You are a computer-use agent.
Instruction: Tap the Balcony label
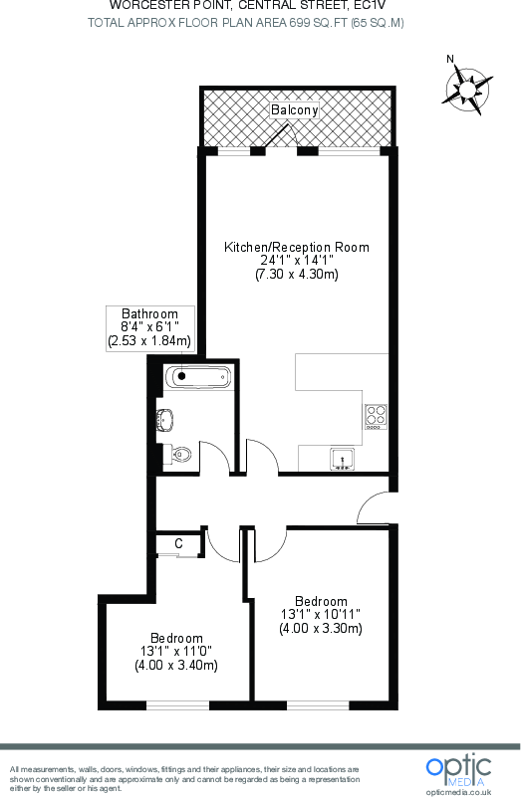point(295,111)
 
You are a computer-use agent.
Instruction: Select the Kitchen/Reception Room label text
point(296,247)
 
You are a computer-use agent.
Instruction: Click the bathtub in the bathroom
point(198,377)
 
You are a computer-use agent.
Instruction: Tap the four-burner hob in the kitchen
point(376,415)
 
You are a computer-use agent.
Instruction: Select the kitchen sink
point(342,459)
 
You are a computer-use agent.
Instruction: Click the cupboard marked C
point(178,543)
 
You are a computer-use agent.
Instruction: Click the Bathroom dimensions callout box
point(149,327)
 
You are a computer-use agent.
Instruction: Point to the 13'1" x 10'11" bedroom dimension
point(321,614)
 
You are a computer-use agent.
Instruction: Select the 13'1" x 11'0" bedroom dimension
point(177,651)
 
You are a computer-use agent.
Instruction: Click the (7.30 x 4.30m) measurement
point(296,275)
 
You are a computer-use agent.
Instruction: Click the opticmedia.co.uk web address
point(458,790)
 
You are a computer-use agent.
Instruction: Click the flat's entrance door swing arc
point(373,505)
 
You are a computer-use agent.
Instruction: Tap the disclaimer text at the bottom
point(184,779)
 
